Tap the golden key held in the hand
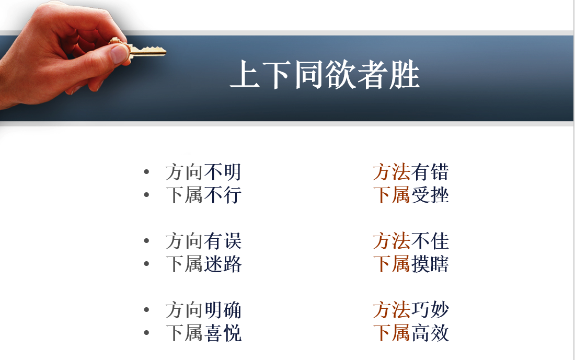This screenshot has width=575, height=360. coord(140,50)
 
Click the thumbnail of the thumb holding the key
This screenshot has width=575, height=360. coord(120,54)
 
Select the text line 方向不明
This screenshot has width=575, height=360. coord(203,172)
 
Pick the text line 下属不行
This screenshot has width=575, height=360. coord(203,195)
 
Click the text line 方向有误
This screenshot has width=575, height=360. coord(203,241)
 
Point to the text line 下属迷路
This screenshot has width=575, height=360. coord(203,264)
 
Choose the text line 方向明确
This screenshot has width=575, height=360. coord(203,310)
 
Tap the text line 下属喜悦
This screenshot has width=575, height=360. coord(203,333)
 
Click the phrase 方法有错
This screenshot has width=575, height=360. coord(411,172)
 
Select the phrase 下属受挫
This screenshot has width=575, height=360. coord(411,195)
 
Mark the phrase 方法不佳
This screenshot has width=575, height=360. coord(411,241)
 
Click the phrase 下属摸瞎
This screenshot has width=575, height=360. coord(411,264)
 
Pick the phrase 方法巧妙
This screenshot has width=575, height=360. coord(411,310)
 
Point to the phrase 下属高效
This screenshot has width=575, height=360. coord(411,333)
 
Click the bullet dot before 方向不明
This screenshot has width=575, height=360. coord(147,171)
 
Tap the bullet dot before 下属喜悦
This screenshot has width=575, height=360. coord(147,332)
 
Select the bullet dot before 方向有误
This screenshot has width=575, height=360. coord(147,240)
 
